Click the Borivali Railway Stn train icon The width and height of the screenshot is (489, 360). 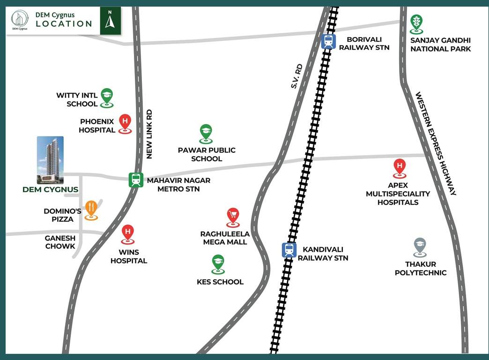[328, 41]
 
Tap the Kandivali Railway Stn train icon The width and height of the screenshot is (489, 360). [289, 249]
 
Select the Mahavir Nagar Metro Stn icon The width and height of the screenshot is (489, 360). [136, 180]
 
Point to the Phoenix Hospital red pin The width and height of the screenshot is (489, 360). [125, 122]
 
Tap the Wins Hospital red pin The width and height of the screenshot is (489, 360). [127, 233]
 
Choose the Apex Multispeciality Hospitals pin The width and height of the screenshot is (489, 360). [400, 167]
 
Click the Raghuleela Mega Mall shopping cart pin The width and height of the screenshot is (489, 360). [233, 217]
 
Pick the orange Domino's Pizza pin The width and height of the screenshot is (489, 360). [91, 209]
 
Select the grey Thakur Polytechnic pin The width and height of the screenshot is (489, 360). [420, 246]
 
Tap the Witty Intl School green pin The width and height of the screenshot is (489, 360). [107, 97]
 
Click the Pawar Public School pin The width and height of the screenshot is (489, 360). [206, 133]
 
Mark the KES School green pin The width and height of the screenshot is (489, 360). [218, 263]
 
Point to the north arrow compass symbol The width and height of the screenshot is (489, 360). [110, 21]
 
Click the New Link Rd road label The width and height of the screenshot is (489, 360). [149, 135]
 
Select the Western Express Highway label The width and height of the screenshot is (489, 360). [436, 143]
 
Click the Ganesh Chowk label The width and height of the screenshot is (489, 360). [60, 242]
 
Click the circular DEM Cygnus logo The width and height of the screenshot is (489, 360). [20, 20]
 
